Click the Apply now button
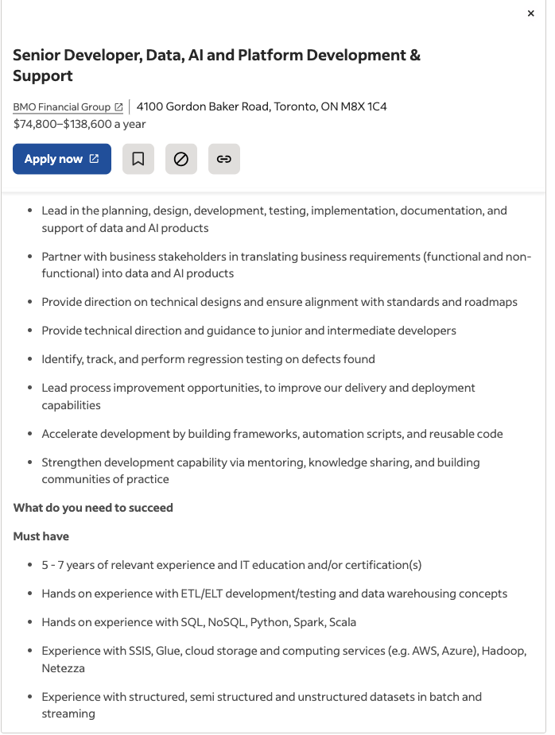(62, 159)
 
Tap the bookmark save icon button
(138, 159)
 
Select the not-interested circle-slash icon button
(181, 159)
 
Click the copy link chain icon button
(224, 159)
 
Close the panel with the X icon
(531, 14)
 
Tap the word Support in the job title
(43, 76)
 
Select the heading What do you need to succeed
(93, 508)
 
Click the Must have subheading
(41, 536)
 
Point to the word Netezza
(64, 668)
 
